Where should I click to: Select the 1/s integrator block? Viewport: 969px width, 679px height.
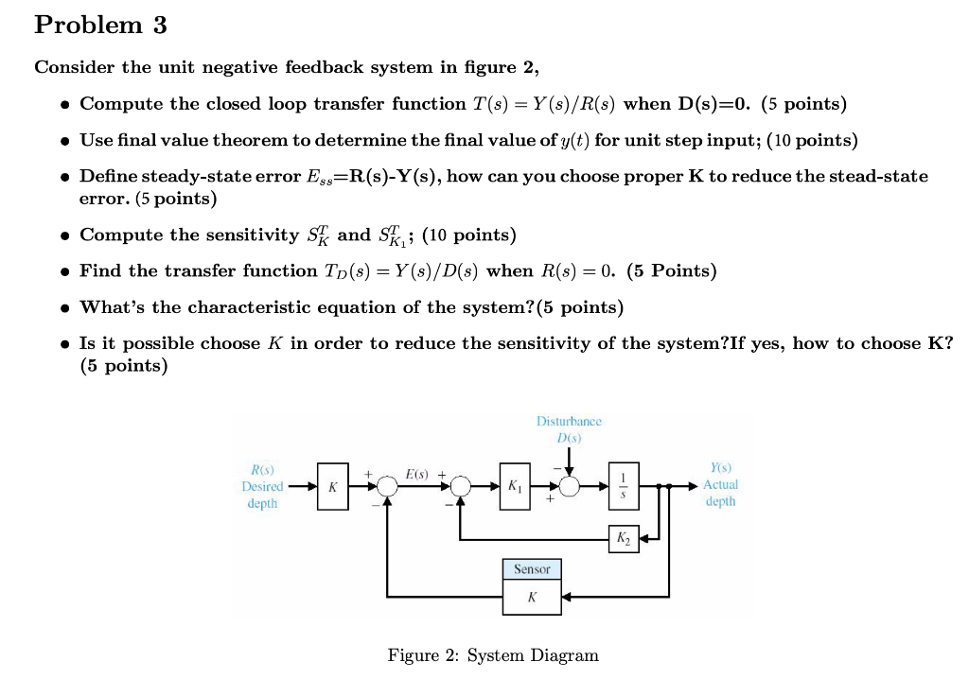(x=623, y=487)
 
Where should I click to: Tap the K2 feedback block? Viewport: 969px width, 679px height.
(x=623, y=539)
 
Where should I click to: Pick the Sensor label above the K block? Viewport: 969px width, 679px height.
(x=532, y=569)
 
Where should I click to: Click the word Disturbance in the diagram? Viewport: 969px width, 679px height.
(x=569, y=421)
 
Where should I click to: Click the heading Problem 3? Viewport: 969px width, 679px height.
(x=100, y=26)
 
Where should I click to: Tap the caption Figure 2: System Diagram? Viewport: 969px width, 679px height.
(x=493, y=655)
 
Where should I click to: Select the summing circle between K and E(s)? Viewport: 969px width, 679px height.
(x=387, y=487)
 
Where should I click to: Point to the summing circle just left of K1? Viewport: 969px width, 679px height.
(x=461, y=487)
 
